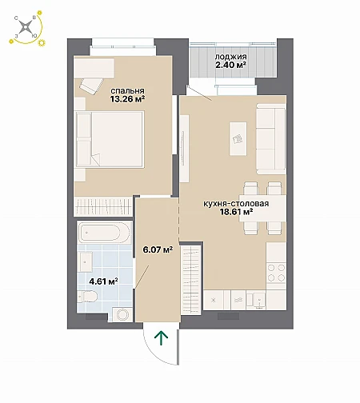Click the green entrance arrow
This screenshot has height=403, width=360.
tap(162, 338)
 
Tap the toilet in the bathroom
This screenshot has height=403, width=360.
tap(87, 297)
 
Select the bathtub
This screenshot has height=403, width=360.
tap(105, 233)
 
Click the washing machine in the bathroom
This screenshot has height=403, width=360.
tap(122, 314)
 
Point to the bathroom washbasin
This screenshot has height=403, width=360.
tap(85, 262)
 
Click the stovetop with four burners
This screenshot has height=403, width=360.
tap(276, 273)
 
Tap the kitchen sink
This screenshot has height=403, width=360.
tap(256, 301)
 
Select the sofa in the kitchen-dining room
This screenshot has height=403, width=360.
tap(271, 138)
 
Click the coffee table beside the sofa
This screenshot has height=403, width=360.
tap(238, 138)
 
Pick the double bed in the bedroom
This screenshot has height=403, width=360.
tap(110, 139)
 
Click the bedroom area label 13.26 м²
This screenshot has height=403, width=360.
tap(127, 99)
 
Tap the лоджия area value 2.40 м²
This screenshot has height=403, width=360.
tap(230, 65)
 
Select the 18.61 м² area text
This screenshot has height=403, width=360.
tap(236, 212)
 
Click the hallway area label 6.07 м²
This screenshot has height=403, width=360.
tap(158, 249)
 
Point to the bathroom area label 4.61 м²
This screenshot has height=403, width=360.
tap(104, 281)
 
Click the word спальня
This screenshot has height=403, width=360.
tap(127, 91)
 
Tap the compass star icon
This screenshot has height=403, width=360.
tap(26, 27)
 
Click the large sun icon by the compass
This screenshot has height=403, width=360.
tap(42, 42)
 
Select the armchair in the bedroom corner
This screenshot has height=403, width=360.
tap(92, 86)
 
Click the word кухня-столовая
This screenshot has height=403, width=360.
tap(236, 204)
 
